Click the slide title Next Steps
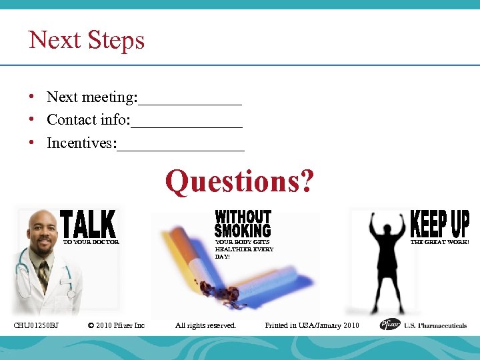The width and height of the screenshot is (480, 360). tap(87, 40)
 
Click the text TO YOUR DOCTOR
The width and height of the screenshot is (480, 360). tap(91, 243)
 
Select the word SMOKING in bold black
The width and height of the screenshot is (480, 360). tap(243, 231)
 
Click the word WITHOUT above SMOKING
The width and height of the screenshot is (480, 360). tap(243, 217)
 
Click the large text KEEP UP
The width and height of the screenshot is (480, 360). tap(439, 223)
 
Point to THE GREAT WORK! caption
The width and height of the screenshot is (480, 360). tap(439, 242)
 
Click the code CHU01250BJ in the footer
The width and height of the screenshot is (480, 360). tap(37, 325)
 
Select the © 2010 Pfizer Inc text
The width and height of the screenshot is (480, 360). tap(116, 325)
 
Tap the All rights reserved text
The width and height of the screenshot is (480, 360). tap(205, 325)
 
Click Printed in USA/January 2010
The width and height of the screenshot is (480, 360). tap(311, 325)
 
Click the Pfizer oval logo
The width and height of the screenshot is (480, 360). tap(390, 325)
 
